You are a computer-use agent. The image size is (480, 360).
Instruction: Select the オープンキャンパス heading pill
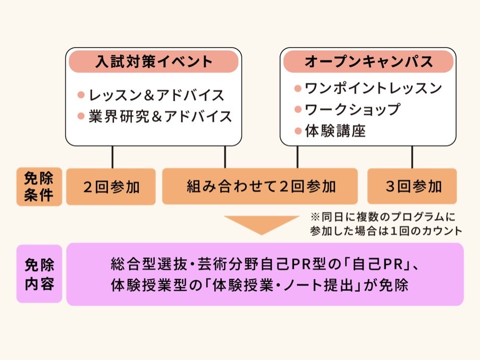(368, 62)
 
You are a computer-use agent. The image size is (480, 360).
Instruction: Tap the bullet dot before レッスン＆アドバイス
(80, 96)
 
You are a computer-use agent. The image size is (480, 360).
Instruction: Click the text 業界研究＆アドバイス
(160, 117)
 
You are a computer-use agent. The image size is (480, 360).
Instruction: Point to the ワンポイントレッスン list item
(373, 88)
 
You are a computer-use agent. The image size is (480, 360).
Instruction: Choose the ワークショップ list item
(352, 110)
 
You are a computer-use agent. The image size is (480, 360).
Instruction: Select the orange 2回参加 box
(111, 187)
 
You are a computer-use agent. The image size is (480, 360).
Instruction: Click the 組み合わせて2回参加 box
(260, 187)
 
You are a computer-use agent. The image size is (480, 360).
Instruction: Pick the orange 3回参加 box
(413, 187)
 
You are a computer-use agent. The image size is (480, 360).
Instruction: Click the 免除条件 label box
(39, 187)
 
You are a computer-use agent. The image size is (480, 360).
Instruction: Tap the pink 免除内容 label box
(39, 274)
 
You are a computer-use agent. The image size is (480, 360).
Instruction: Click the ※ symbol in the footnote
(316, 218)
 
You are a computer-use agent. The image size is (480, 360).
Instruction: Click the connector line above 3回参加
(412, 157)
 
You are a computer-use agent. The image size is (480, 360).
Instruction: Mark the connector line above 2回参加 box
(112, 157)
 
